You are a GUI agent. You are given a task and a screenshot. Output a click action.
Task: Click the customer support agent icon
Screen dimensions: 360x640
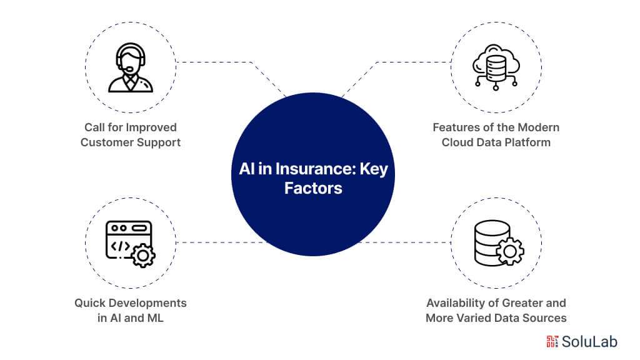click(130, 67)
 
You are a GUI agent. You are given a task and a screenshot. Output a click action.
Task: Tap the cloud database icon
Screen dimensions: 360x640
click(496, 67)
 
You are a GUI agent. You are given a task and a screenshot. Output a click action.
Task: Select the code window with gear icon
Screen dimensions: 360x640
click(130, 244)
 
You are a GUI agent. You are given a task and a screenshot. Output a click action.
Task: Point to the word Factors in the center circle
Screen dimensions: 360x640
click(313, 188)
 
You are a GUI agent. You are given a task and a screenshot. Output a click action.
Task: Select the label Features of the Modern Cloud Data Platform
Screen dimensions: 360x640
click(496, 135)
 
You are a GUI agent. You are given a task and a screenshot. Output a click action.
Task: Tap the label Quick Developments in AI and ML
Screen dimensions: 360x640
click(130, 311)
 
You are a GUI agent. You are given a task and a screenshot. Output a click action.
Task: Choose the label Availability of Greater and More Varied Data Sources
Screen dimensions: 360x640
click(496, 311)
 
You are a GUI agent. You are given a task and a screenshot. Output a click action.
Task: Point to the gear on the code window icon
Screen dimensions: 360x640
click(144, 256)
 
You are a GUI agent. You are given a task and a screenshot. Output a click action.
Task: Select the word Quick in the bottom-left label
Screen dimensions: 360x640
click(91, 303)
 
